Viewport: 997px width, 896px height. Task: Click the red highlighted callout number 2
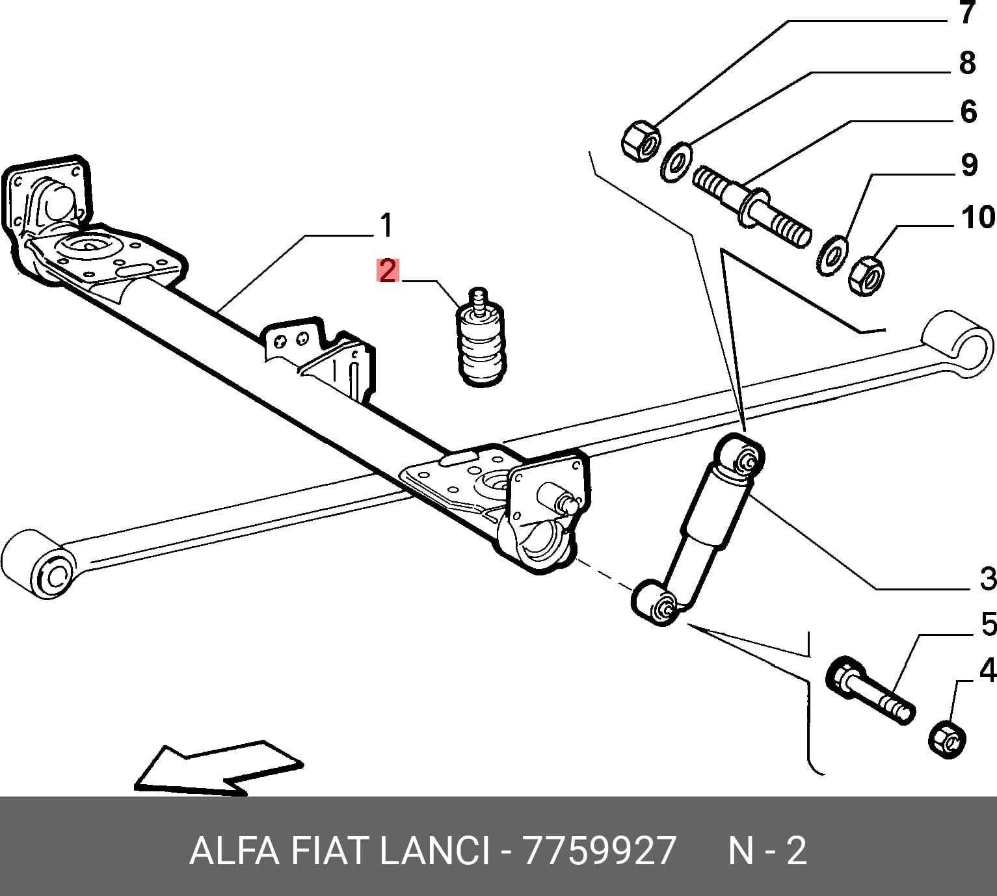[388, 271]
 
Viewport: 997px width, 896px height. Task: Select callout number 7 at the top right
[966, 12]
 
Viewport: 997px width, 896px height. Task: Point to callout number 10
[977, 217]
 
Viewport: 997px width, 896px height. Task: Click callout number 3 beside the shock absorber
[987, 579]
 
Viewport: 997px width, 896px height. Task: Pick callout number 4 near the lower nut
[987, 670]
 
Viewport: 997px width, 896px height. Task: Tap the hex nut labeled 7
[641, 141]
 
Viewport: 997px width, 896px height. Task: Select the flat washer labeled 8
[676, 162]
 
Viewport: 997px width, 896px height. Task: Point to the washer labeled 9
[832, 256]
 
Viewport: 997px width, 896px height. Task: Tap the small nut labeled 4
[947, 741]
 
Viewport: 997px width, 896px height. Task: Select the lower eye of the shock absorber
[656, 603]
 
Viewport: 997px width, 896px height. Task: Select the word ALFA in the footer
[234, 850]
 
